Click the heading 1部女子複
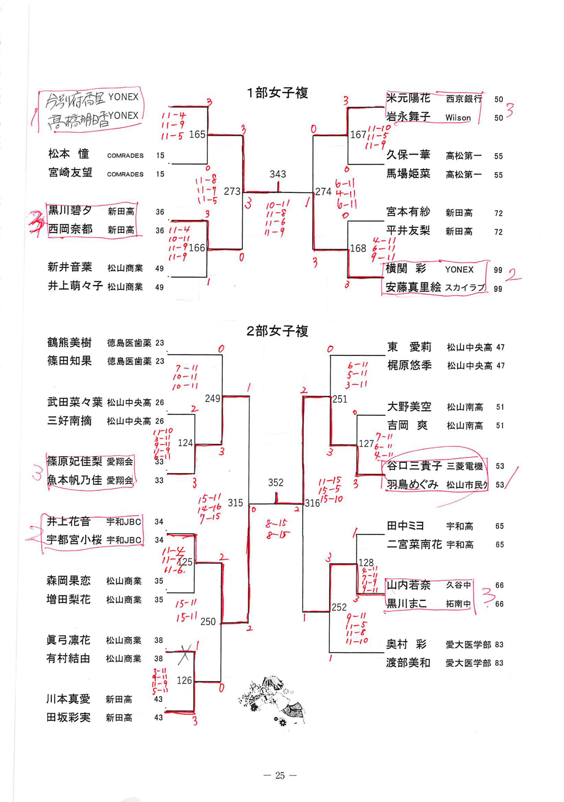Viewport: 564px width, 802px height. (x=277, y=93)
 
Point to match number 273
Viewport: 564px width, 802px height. (x=232, y=192)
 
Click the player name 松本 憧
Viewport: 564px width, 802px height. (x=69, y=154)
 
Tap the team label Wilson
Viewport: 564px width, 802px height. (x=458, y=118)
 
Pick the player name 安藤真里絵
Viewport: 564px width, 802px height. (x=413, y=287)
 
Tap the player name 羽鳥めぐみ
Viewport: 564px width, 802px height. (x=412, y=484)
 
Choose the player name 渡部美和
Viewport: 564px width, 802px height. (x=408, y=663)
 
